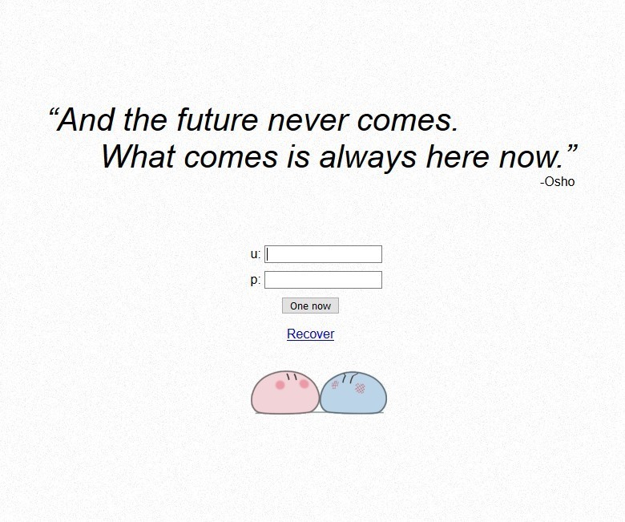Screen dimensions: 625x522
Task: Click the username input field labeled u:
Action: coord(323,254)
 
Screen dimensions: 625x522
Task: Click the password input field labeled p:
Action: coord(323,280)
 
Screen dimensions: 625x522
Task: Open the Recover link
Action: coord(311,334)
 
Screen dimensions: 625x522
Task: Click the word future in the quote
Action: coord(218,119)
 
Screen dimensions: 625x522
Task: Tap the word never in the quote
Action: coord(308,120)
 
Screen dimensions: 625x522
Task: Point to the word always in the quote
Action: coord(368,156)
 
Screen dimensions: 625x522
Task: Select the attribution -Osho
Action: coord(557,182)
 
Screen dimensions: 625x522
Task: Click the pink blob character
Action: coord(284,392)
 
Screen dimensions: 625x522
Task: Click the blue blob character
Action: coord(353,392)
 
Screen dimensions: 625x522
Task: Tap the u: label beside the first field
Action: coord(256,254)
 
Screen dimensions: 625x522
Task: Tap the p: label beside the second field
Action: coord(256,280)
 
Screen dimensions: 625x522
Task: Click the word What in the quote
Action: coord(138,156)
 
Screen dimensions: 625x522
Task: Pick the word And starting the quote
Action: coord(85,119)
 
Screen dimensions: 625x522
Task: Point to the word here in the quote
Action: coord(458,156)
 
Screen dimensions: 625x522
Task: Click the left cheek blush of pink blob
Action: coord(280,385)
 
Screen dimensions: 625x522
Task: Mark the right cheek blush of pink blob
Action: coord(304,383)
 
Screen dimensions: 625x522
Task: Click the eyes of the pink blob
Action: coord(292,376)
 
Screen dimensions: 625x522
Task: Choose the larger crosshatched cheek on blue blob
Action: coord(360,388)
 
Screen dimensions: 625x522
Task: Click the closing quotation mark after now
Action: coord(571,150)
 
